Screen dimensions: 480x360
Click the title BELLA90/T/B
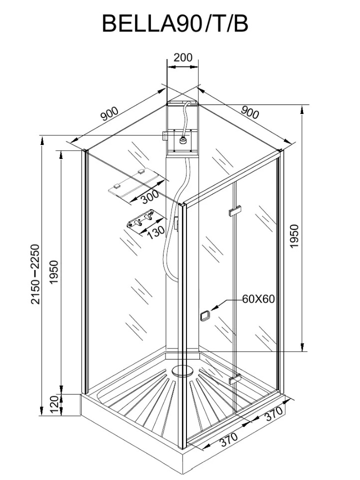[x=175, y=23]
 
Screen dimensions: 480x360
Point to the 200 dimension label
[x=182, y=57]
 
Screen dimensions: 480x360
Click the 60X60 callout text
[x=258, y=299]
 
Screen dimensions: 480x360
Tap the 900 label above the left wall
[x=109, y=114]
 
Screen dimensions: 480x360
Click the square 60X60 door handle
[x=204, y=316]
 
